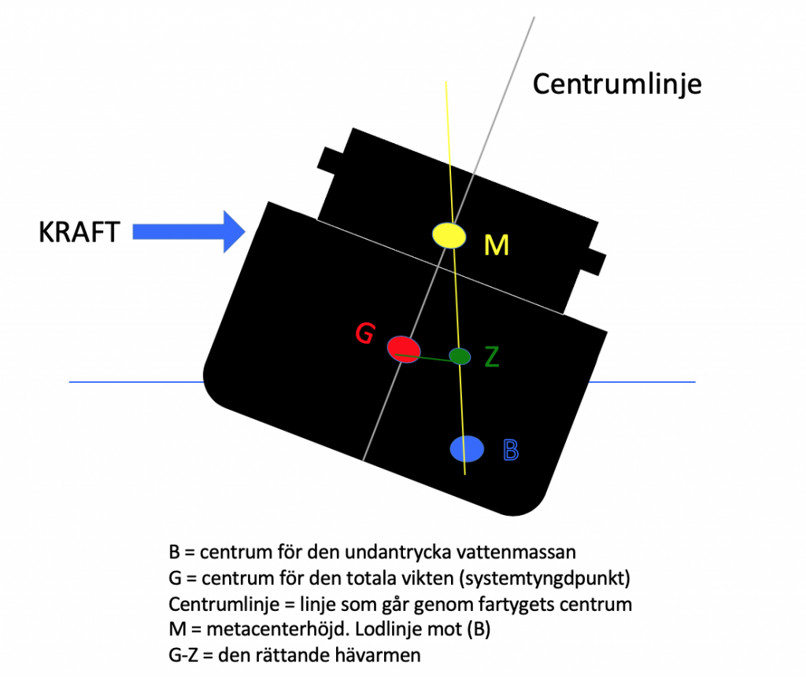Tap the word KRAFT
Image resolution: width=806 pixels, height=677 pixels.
pyautogui.click(x=79, y=233)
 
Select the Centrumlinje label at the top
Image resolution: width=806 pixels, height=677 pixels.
pyautogui.click(x=616, y=83)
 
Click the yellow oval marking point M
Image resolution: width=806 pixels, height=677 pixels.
pyautogui.click(x=449, y=235)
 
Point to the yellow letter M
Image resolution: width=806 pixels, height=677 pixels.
pyautogui.click(x=496, y=246)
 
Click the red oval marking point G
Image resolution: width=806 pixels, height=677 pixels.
pyautogui.click(x=404, y=348)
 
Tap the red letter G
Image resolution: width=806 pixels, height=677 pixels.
pyautogui.click(x=364, y=334)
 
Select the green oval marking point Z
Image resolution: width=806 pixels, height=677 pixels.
pyautogui.click(x=460, y=356)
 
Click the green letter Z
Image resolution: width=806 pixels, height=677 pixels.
pyautogui.click(x=492, y=358)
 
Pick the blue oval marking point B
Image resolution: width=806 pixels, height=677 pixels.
pyautogui.click(x=467, y=448)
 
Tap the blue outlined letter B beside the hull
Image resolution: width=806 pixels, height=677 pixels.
pyautogui.click(x=510, y=451)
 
